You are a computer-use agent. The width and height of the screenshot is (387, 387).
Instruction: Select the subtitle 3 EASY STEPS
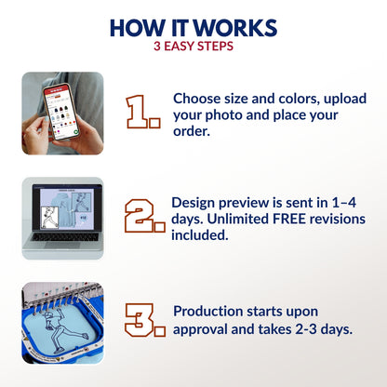coord(193,47)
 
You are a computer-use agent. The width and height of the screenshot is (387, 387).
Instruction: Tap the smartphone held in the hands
coord(60,113)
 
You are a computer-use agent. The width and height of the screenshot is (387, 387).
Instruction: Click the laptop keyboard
coord(65,236)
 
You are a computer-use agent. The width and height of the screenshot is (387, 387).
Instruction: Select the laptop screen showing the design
coord(67,207)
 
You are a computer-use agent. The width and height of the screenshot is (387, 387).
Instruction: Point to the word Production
coord(207,312)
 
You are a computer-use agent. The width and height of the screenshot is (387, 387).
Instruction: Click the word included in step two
coord(200,235)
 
